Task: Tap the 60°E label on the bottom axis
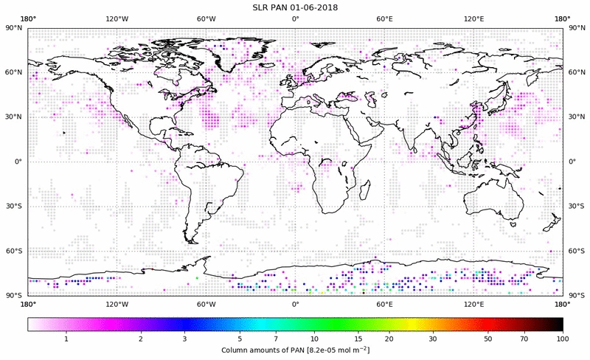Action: [x=384, y=303]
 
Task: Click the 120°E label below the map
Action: [x=473, y=303]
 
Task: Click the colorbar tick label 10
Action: [x=314, y=337]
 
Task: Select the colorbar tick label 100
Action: [x=563, y=337]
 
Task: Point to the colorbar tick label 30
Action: [x=433, y=337]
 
